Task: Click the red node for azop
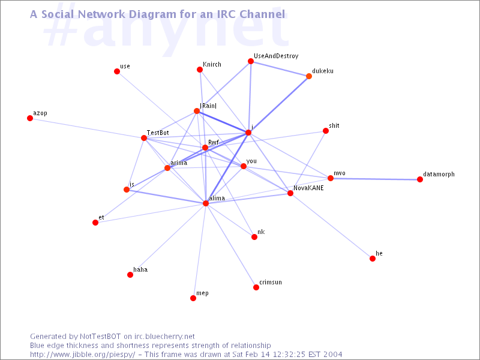(30, 118)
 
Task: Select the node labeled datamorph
(420, 179)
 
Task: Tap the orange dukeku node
(309, 76)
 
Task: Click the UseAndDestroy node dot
(251, 61)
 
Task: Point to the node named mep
(193, 298)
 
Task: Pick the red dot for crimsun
(256, 287)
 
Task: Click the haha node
(130, 275)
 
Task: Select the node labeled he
(373, 259)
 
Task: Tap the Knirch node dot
(200, 70)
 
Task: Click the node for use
(117, 71)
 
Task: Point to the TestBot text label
(158, 133)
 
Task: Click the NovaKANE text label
(308, 188)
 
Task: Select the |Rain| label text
(208, 106)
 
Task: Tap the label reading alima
(217, 198)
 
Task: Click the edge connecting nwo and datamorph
(376, 179)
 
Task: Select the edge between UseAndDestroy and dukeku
(280, 68)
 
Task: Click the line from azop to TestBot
(87, 128)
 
